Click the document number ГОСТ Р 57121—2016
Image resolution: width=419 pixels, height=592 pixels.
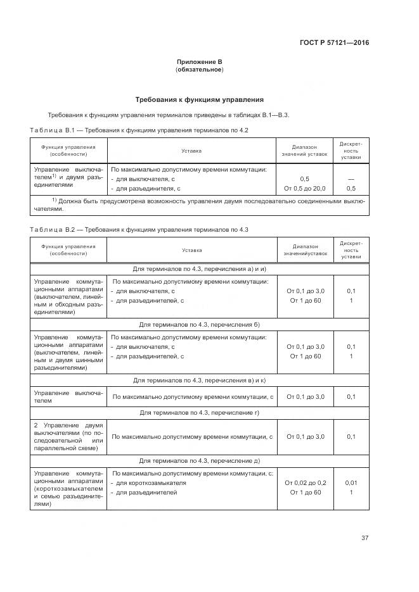[334, 43]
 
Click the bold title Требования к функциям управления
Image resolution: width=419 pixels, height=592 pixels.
[199, 99]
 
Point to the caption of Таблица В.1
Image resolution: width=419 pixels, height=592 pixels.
[139, 130]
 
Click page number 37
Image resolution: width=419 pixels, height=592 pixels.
[364, 538]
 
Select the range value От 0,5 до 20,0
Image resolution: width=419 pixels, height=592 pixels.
[305, 188]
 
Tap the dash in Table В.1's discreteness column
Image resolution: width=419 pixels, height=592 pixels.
[351, 179]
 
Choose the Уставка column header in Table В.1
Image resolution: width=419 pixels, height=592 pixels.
[191, 151]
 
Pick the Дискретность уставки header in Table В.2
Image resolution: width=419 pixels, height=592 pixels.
[351, 249]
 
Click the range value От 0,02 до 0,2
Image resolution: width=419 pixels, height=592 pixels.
[305, 482]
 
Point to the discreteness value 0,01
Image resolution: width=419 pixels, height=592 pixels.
[351, 482]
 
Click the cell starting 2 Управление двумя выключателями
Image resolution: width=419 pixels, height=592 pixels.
[68, 436]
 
